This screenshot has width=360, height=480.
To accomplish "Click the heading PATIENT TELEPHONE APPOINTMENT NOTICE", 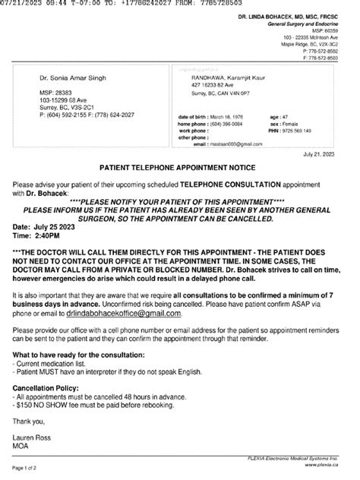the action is click(180, 185).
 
